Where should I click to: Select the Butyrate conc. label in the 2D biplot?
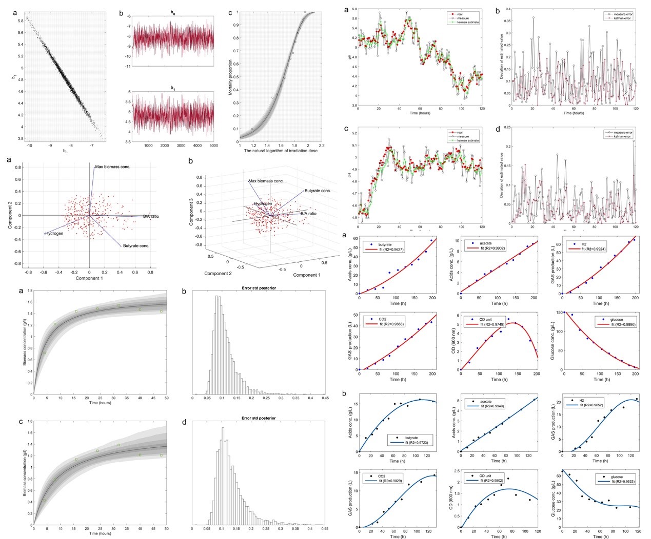click(135, 246)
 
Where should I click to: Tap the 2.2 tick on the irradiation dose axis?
click(322, 146)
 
